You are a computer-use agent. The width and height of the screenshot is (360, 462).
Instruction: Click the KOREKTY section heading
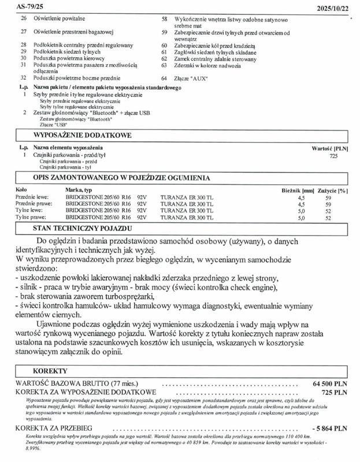(50, 371)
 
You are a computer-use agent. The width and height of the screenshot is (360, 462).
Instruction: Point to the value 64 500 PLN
(330, 383)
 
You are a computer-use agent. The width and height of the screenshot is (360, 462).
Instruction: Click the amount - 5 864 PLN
(329, 429)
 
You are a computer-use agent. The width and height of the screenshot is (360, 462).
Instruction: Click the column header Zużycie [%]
(333, 189)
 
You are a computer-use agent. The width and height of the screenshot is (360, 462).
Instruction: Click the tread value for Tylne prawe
(300, 218)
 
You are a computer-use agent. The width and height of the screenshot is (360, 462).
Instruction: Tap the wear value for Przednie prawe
(328, 204)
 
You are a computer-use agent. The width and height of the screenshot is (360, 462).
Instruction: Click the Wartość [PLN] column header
(329, 148)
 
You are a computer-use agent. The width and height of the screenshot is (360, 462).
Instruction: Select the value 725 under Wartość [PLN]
(333, 156)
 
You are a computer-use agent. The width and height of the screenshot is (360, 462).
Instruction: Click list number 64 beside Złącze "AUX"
(164, 78)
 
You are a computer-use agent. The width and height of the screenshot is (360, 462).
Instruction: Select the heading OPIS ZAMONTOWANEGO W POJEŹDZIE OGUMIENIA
(121, 178)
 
